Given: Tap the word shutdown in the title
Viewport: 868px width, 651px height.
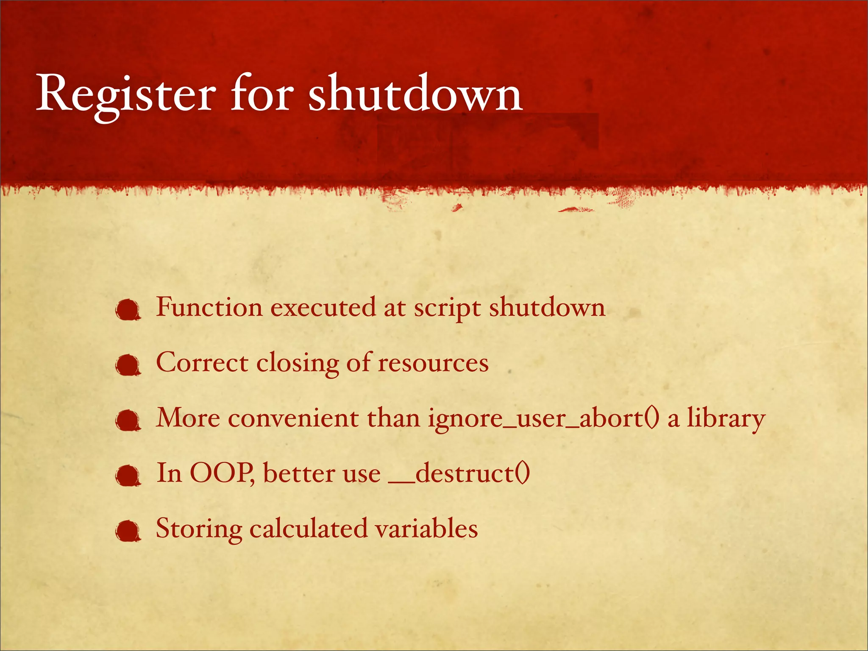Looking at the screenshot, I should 415,94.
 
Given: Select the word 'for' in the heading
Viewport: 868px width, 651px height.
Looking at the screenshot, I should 262,94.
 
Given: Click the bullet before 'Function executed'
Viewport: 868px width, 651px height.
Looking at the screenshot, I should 128,310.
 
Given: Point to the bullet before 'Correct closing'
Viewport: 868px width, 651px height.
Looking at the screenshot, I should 128,366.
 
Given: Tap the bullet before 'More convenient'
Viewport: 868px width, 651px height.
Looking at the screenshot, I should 128,421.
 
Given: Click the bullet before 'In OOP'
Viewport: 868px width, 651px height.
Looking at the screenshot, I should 128,476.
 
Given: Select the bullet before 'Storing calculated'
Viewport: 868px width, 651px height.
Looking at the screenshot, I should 128,531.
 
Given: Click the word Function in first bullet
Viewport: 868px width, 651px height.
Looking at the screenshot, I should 209,308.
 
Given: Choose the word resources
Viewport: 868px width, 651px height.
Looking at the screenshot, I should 433,364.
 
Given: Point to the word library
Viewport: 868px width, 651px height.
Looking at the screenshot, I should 726,419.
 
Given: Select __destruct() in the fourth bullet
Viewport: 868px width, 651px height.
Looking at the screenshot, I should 460,474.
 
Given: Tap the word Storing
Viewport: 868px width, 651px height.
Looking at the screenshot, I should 199,529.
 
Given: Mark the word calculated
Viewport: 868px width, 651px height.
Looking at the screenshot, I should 309,529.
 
